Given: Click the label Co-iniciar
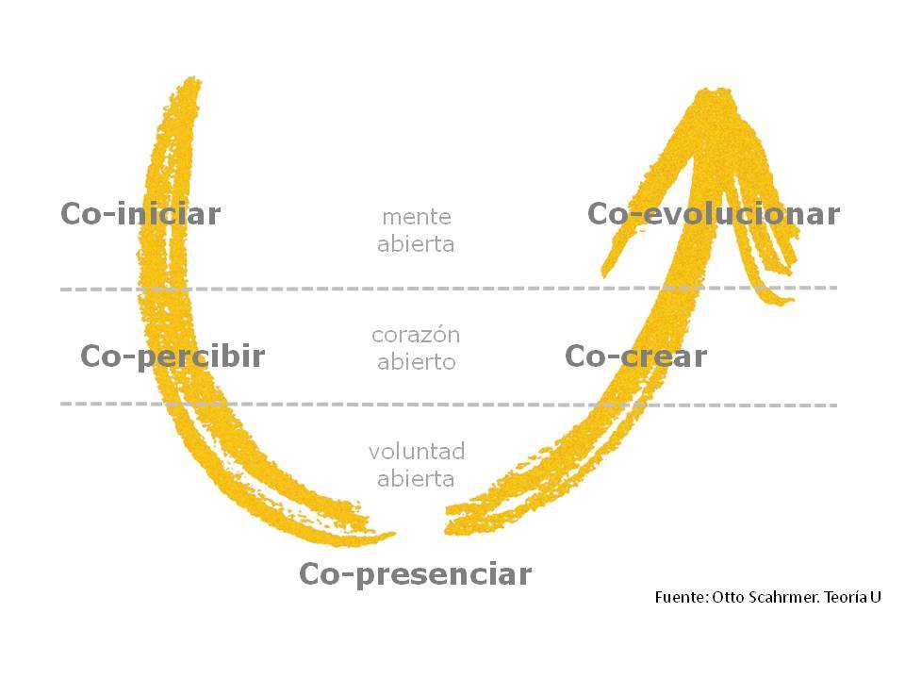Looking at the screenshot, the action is [x=140, y=214].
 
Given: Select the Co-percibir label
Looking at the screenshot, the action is [x=173, y=356].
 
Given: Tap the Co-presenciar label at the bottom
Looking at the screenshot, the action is [x=415, y=574].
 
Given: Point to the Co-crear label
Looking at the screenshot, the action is [x=635, y=356].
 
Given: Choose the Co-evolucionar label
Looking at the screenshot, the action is [x=714, y=214].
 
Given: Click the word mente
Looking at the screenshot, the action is [x=417, y=217].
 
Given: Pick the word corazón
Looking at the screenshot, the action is [x=416, y=335].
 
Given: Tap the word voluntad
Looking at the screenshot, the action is [x=417, y=451].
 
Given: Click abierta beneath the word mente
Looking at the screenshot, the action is [x=416, y=244].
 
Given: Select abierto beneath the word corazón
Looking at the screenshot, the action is [x=416, y=362].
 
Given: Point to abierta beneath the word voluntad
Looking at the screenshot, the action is [x=416, y=479].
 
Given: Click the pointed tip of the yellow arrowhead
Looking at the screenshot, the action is [x=716, y=90].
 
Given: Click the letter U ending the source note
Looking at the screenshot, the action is [x=876, y=597].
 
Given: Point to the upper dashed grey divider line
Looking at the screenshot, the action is [x=449, y=289].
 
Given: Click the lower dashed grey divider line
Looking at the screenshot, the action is [x=449, y=405].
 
